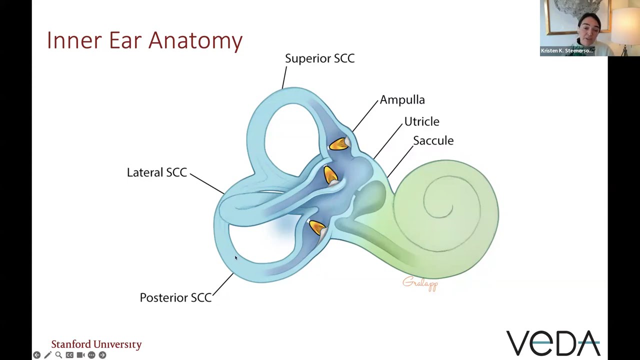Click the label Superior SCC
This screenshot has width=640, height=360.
(x=319, y=58)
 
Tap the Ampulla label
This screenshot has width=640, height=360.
(x=402, y=100)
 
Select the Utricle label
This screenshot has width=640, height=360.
(x=421, y=121)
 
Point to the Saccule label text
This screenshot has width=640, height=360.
(x=433, y=140)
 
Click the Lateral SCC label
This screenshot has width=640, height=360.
(x=156, y=172)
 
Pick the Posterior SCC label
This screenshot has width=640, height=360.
(x=175, y=297)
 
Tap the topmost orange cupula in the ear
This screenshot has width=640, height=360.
(x=338, y=144)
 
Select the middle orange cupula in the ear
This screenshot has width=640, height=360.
(x=330, y=175)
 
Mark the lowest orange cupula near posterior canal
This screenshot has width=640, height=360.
(x=317, y=228)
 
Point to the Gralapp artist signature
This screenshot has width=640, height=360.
(x=420, y=283)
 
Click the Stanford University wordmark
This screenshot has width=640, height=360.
(x=96, y=344)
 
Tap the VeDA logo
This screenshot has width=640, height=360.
(x=553, y=343)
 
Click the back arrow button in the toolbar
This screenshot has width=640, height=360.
(x=37, y=355)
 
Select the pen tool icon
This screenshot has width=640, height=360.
(x=47, y=355)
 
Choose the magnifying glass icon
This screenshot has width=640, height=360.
(x=58, y=355)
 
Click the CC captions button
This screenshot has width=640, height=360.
(x=69, y=355)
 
